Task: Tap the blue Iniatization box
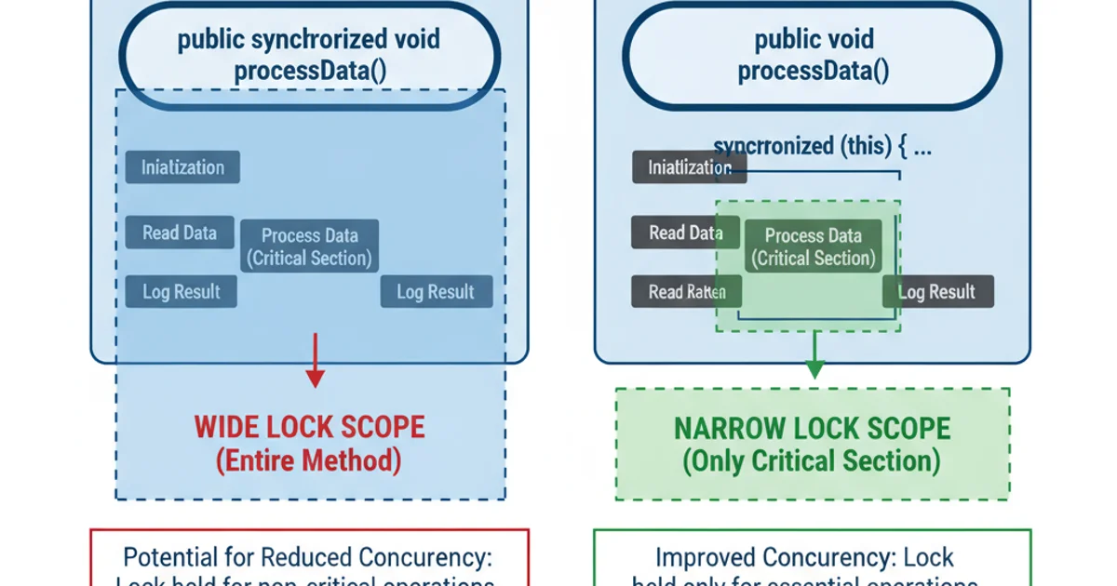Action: click(x=182, y=167)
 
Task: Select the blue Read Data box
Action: click(x=180, y=233)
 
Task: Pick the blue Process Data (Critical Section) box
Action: click(x=310, y=246)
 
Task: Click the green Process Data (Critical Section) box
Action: click(x=813, y=246)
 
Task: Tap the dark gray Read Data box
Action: click(x=684, y=233)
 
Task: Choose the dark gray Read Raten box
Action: click(x=686, y=292)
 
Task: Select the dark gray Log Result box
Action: click(x=938, y=292)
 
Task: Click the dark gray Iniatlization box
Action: click(x=688, y=167)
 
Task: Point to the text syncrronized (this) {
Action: click(x=822, y=146)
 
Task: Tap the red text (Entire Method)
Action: click(x=309, y=460)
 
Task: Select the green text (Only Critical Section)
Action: click(x=812, y=461)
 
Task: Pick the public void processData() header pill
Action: click(x=813, y=56)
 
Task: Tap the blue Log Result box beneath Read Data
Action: click(x=182, y=292)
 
